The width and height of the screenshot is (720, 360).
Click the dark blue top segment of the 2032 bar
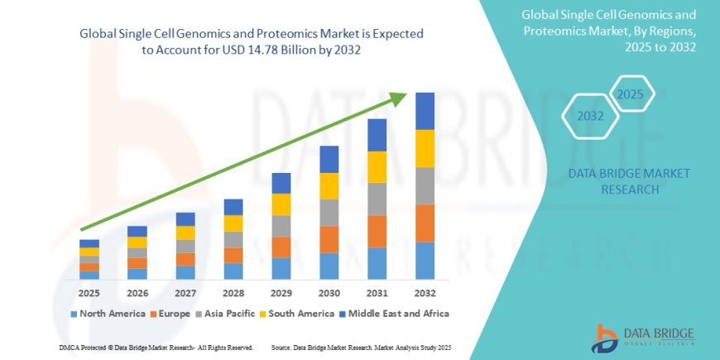click(425, 111)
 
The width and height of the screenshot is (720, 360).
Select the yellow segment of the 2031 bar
click(377, 167)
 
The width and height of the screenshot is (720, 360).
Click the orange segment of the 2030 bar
click(329, 239)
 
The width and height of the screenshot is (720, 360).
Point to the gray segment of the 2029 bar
click(281, 226)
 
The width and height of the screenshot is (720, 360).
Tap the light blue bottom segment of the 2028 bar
click(233, 271)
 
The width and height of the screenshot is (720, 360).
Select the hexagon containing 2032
click(590, 117)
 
